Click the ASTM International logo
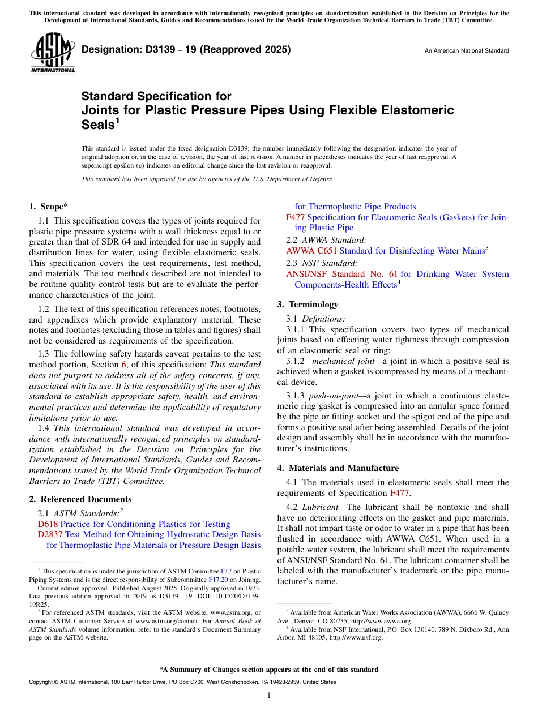52,53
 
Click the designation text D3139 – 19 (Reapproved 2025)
186,49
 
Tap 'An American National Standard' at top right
466,51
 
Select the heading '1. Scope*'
49,207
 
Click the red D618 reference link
48,524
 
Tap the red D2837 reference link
50,534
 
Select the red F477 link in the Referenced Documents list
295,217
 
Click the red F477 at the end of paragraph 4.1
399,492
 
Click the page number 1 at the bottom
269,695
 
